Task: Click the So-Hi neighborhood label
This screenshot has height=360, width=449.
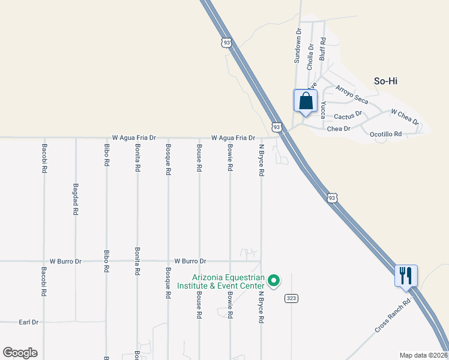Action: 386,81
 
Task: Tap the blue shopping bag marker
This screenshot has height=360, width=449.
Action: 305,101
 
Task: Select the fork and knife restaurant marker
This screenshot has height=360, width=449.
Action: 406,276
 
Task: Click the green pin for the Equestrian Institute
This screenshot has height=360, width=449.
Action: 274,280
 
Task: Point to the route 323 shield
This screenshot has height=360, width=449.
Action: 291,298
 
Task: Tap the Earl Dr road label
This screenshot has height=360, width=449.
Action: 28,322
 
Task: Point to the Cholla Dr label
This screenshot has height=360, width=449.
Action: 310,56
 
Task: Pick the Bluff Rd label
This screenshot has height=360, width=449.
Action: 322,49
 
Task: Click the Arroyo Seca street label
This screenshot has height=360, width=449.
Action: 351,95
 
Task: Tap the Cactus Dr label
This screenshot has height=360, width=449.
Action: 348,115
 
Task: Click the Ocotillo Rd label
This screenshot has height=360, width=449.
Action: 385,134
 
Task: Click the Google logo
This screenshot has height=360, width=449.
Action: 20,353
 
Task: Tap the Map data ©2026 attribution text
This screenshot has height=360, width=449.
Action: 423,355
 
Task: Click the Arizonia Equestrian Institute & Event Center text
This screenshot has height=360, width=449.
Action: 221,281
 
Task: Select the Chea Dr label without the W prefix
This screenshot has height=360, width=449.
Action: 339,129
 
